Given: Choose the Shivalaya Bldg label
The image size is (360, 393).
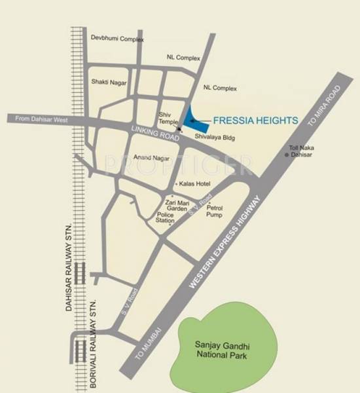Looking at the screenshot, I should (x=215, y=138).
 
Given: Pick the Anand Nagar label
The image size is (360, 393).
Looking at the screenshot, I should (x=151, y=158).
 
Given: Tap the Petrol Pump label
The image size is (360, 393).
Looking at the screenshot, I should (x=215, y=211).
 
